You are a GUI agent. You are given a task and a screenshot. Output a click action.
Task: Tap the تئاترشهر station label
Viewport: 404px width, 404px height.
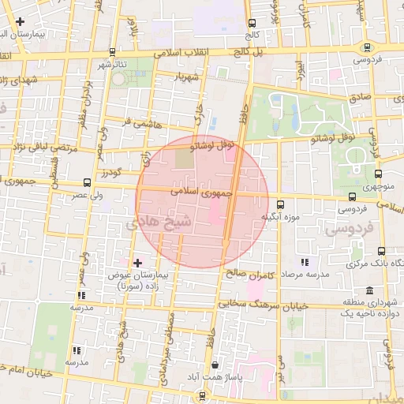pyautogui.click(x=113, y=64)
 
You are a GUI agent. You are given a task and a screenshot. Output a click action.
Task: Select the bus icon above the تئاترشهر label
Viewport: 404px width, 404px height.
pyautogui.click(x=113, y=51)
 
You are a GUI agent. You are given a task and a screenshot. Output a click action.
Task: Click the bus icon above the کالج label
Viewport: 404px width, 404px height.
pyautogui.click(x=252, y=24)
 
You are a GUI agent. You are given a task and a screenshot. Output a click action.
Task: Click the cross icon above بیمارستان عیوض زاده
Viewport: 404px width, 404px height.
pyautogui.click(x=138, y=262)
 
